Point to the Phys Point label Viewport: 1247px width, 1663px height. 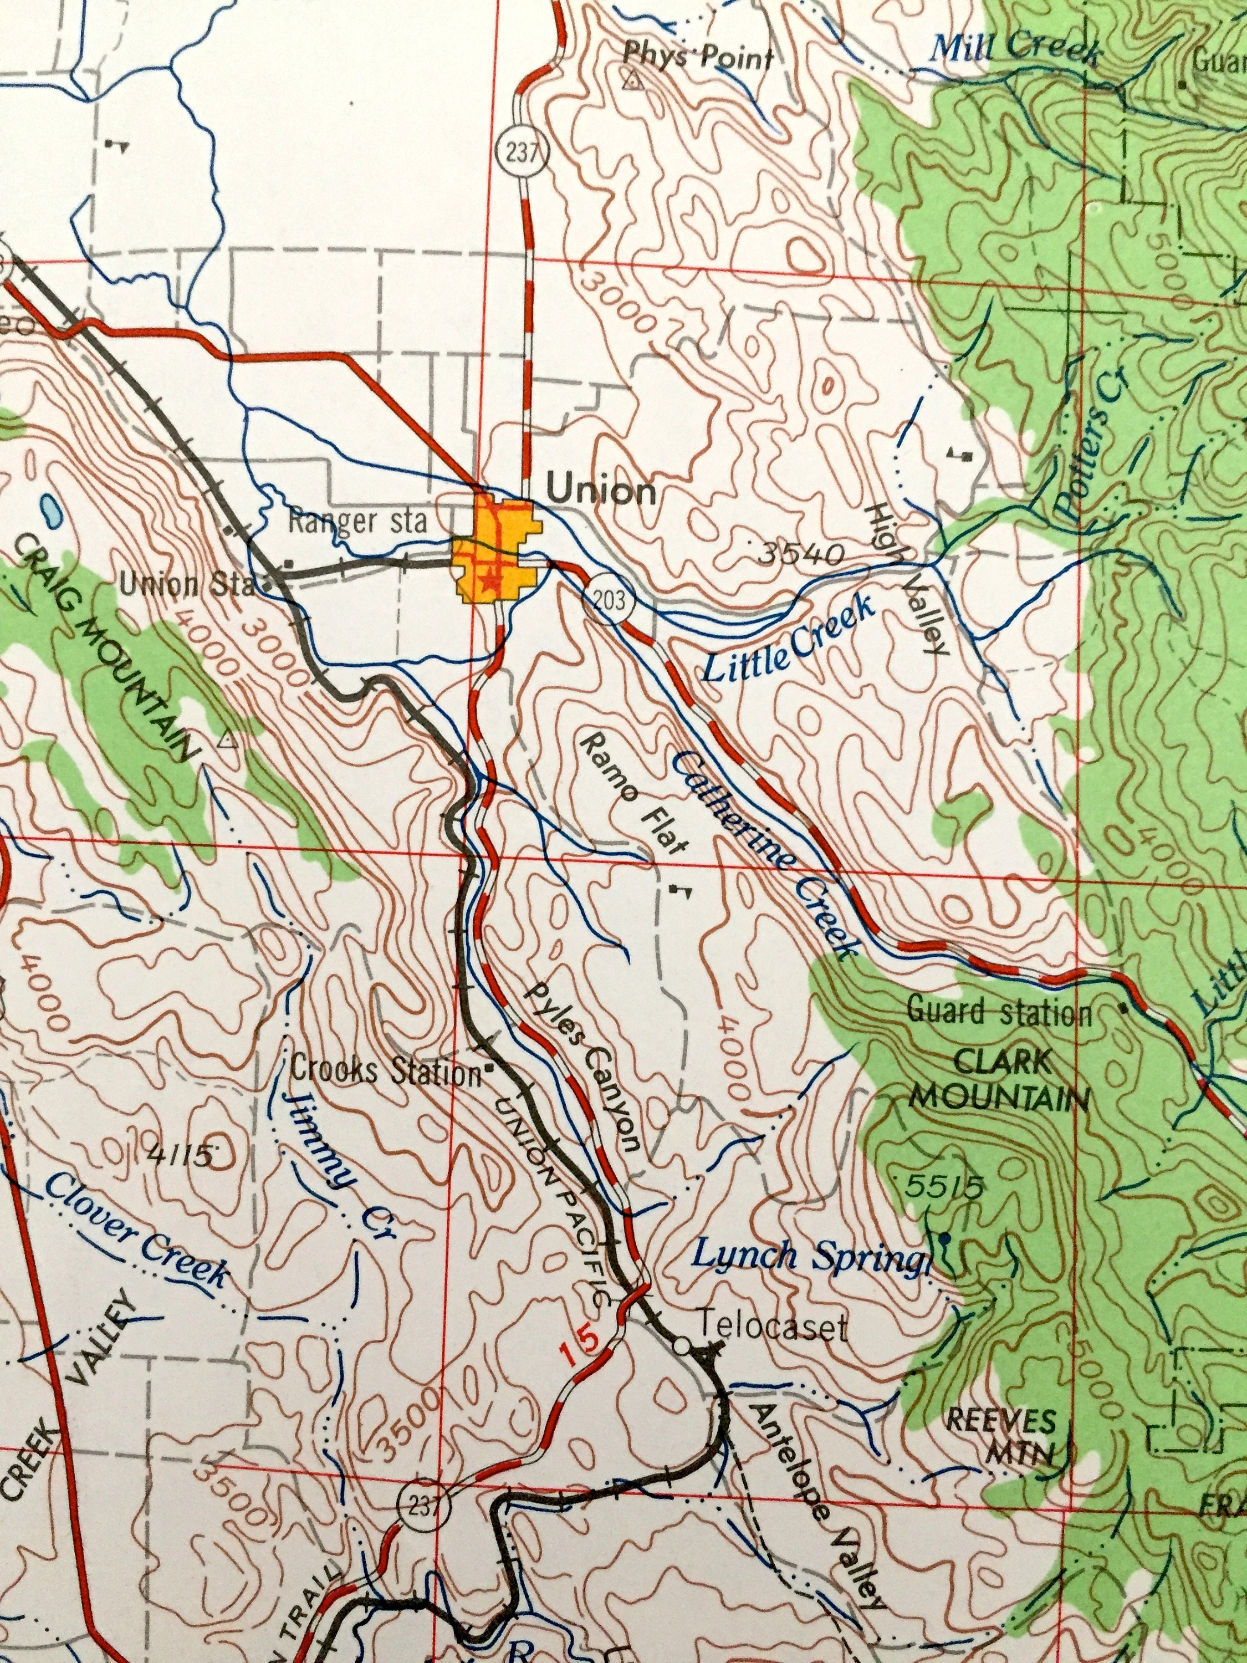tap(698, 57)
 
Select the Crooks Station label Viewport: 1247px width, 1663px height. tap(385, 1070)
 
